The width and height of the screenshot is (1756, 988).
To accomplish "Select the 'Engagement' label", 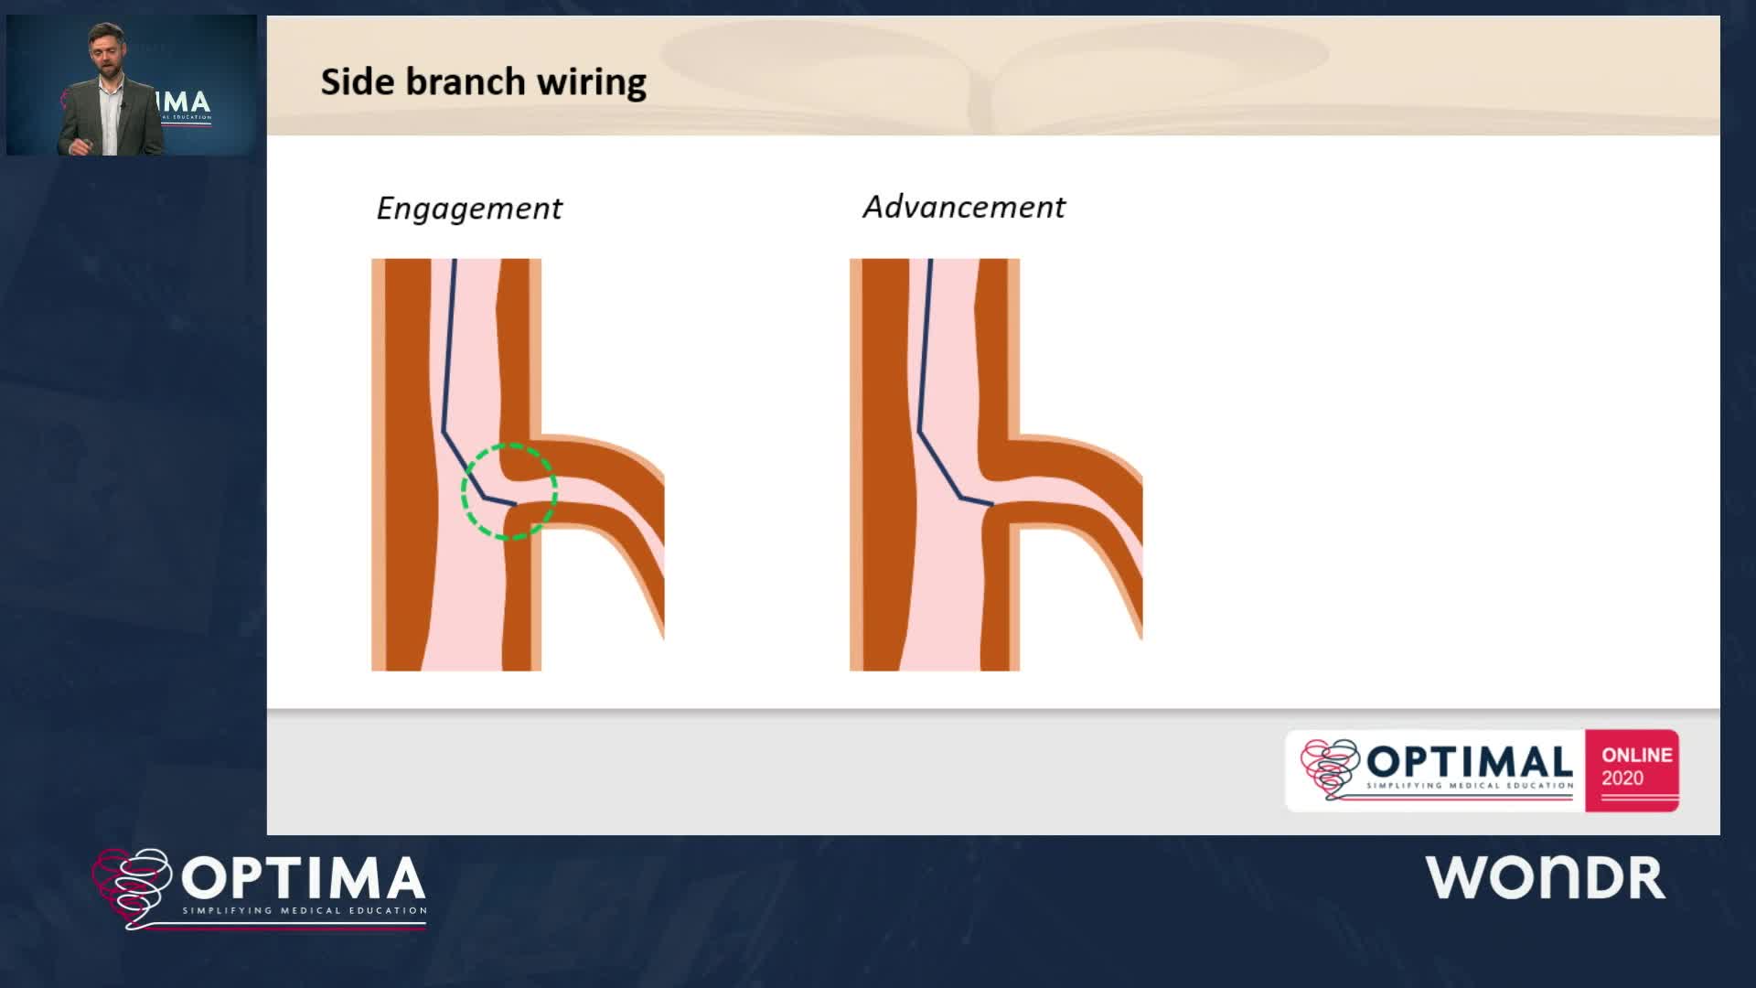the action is tap(469, 209).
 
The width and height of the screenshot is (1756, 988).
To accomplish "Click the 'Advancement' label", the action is tap(964, 207).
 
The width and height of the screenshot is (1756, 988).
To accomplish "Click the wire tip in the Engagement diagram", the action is tap(515, 504).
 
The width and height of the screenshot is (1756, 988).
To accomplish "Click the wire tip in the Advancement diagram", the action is tap(992, 504).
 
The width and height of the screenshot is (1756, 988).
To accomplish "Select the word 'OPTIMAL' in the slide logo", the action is tap(1469, 762).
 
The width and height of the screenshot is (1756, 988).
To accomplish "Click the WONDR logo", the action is tap(1545, 878).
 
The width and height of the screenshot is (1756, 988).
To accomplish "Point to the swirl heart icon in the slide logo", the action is tap(1331, 768).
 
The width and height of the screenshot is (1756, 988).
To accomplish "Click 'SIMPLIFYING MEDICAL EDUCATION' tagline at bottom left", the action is tap(305, 911).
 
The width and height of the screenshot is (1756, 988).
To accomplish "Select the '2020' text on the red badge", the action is tap(1622, 779).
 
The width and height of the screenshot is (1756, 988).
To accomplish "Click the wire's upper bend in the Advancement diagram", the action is tap(919, 432).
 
